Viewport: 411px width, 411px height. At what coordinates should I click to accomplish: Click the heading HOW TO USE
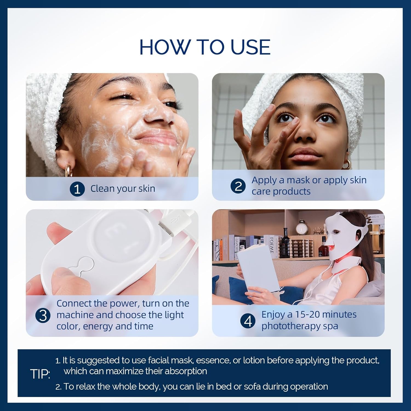click(x=205, y=47)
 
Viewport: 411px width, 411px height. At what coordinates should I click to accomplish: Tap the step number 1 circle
click(x=77, y=189)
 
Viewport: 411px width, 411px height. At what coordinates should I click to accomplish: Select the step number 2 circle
click(x=238, y=186)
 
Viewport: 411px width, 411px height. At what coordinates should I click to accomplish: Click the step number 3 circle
click(x=43, y=315)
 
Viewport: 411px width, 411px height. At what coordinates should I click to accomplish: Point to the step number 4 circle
click(x=248, y=321)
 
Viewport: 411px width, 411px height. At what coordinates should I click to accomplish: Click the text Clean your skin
click(x=123, y=189)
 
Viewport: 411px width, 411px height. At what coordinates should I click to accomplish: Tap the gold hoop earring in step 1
click(x=68, y=170)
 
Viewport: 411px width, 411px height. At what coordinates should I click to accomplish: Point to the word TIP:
click(x=40, y=374)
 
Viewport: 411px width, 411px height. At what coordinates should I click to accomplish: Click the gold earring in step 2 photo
click(x=347, y=164)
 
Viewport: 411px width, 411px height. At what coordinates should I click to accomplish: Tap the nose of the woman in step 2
click(x=303, y=134)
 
